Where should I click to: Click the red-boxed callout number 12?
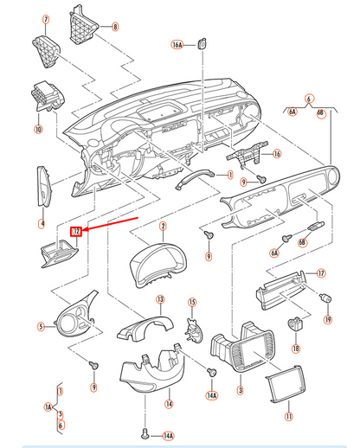click(76, 232)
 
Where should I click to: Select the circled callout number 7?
click(46, 19)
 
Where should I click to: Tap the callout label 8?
click(114, 28)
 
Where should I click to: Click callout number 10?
click(38, 130)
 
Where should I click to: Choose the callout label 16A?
click(177, 43)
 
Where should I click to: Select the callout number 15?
click(193, 303)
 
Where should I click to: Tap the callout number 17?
click(320, 273)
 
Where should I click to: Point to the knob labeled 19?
click(328, 299)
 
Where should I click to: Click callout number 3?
click(240, 390)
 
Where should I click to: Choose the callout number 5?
click(40, 326)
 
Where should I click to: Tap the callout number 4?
click(40, 223)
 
